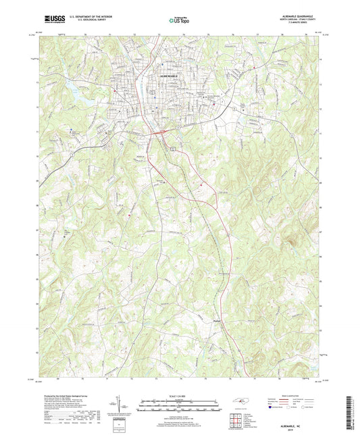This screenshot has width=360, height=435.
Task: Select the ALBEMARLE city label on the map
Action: (x=172, y=78)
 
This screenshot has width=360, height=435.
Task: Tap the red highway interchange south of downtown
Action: (x=157, y=133)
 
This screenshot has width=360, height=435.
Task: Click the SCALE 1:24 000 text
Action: (x=180, y=395)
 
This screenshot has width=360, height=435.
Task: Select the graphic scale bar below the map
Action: (x=180, y=405)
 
